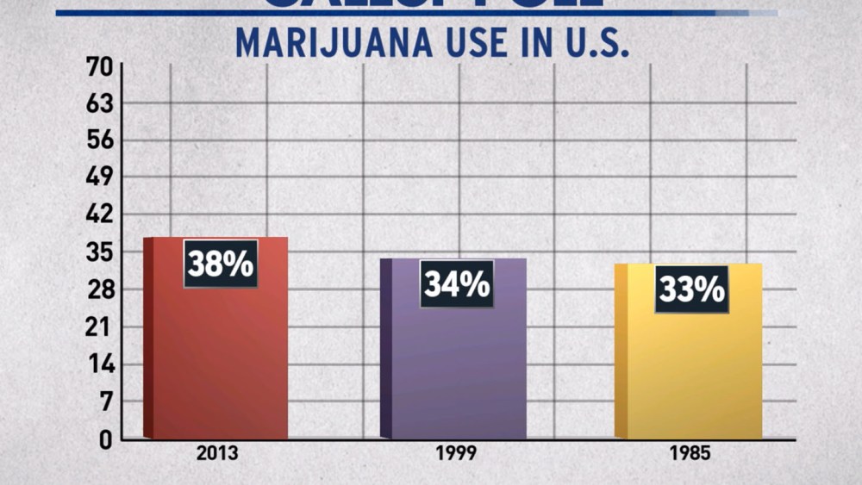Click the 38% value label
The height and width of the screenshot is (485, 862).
tap(221, 264)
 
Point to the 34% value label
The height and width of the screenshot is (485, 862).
tap(457, 284)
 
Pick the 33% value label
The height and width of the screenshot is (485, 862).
tap(691, 289)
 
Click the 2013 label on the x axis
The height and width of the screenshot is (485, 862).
tap(216, 454)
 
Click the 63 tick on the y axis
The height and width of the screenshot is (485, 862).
tap(98, 104)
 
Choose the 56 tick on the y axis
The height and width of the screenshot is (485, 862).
tap(98, 141)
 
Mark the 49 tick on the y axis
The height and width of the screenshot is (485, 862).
tap(98, 178)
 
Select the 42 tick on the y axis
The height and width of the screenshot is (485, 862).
tap(98, 215)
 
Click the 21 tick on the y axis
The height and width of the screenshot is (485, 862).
tap(98, 327)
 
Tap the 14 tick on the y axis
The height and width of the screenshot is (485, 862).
tap(98, 364)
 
